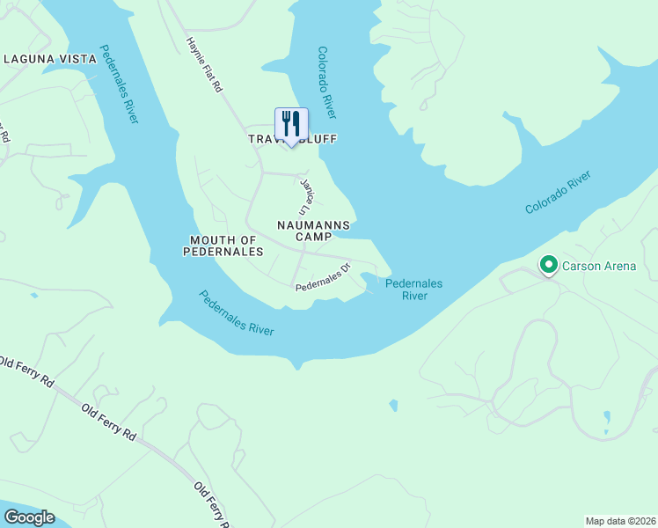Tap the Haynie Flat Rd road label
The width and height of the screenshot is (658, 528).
coord(204,66)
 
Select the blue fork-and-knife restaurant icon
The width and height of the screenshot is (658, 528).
coord(291,124)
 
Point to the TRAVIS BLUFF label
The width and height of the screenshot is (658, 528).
coord(292,140)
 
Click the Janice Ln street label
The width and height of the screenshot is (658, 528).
coord(305,198)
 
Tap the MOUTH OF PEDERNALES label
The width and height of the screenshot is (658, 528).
coord(223,246)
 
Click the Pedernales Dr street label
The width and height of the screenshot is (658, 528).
coord(323,276)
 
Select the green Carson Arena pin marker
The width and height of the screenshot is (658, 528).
coord(549,265)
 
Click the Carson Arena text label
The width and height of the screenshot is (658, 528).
coord(598,266)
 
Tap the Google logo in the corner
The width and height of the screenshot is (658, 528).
coord(29,517)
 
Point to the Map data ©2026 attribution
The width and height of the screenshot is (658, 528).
coord(619,520)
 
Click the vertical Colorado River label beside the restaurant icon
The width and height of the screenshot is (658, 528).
coord(325,83)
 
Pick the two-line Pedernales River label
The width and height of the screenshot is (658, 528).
coord(413,290)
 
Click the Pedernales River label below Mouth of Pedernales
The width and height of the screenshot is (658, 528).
coord(236,312)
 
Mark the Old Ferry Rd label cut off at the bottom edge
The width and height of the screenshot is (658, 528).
coord(212,506)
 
